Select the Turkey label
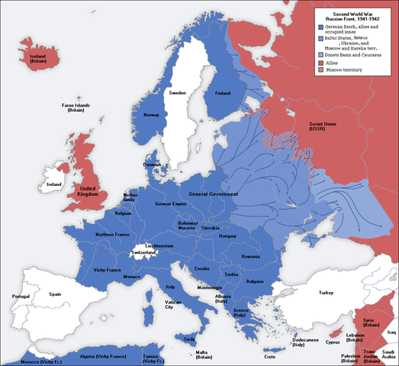coord(327,294)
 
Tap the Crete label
coord(269,356)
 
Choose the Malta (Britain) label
coord(203,355)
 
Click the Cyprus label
coord(332,342)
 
